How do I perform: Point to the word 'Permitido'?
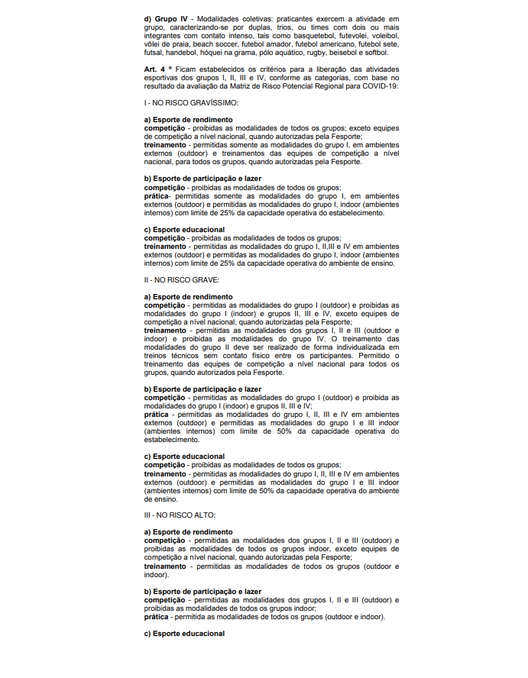click(359, 357)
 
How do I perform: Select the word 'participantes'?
click(312, 357)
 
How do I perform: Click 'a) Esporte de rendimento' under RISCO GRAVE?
click(188, 297)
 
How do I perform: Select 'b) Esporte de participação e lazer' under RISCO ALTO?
click(202, 591)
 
